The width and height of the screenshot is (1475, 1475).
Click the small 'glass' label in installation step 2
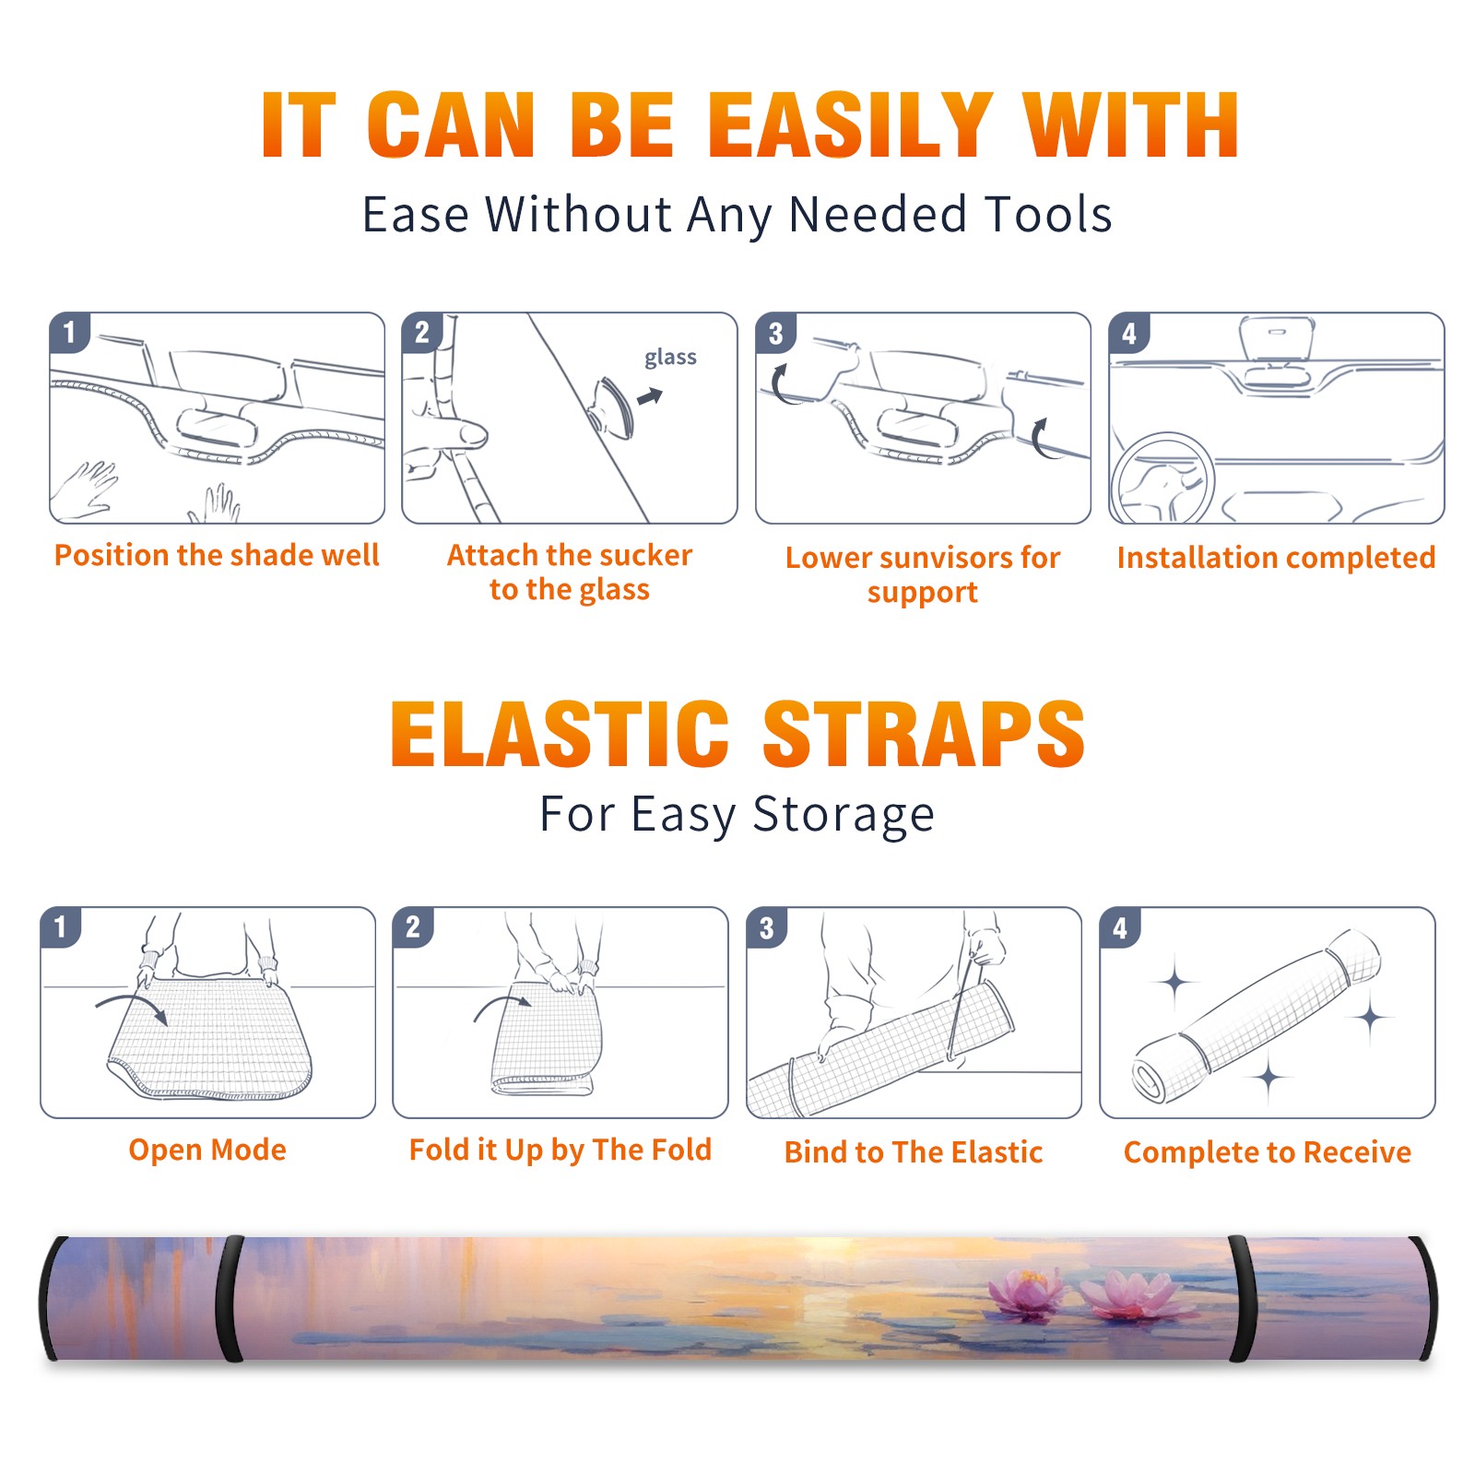click(670, 358)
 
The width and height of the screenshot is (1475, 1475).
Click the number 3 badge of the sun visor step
click(775, 333)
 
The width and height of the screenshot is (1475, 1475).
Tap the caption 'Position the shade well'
click(217, 555)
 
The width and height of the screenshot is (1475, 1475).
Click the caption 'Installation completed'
click(1276, 558)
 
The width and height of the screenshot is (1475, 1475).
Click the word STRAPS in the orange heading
click(924, 734)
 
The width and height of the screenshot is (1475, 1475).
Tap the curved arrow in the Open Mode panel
click(132, 1007)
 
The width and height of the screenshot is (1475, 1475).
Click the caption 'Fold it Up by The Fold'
click(560, 1150)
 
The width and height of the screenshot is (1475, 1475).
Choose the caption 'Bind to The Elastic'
click(914, 1152)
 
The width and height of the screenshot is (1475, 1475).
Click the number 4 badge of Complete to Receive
click(1120, 927)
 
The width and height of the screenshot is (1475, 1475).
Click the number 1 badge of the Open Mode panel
click(61, 927)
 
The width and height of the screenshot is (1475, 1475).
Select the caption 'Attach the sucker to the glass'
click(570, 572)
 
